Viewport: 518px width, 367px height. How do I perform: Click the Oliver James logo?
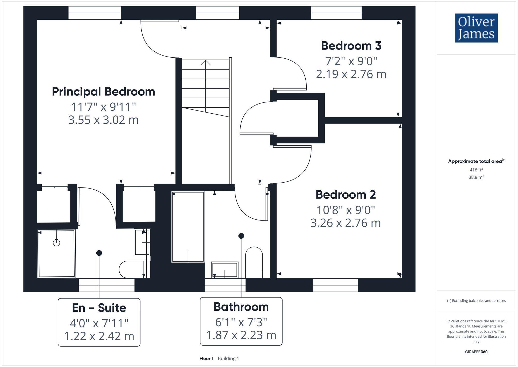coord(476,28)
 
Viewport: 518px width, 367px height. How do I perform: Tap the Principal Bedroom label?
coord(103,92)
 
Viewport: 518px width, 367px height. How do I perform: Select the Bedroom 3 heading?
coord(351,46)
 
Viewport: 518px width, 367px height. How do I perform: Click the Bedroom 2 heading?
coord(346,195)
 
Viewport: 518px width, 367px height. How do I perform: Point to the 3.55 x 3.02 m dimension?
coord(103,120)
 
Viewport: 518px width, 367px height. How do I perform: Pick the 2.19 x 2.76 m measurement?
coord(351,74)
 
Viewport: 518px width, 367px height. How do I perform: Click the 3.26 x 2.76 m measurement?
coord(346,223)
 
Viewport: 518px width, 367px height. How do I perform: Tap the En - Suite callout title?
coord(99,308)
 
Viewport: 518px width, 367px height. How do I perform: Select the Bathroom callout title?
coord(241,307)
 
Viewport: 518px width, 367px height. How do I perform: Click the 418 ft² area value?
coord(476,170)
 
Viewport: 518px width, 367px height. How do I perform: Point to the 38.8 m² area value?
coord(476,177)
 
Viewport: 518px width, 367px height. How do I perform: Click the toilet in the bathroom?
coord(254,262)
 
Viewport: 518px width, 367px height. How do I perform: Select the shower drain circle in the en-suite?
coord(56,243)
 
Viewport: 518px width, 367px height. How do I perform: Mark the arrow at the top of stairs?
coord(206,62)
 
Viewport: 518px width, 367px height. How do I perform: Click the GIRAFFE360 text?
coord(476,352)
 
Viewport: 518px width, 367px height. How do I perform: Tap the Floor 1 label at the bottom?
coord(206,358)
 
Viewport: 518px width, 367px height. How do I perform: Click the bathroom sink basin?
coord(225,270)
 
